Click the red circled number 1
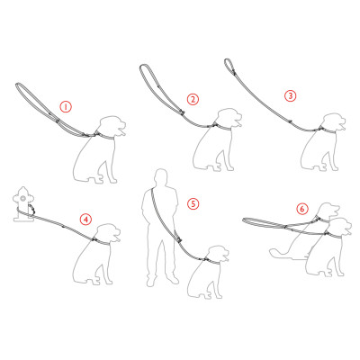tap(66, 107)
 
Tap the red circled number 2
tap(193, 99)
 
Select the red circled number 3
tap(290, 96)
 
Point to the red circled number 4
tap(86, 220)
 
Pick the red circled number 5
tap(193, 204)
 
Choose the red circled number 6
tap(302, 209)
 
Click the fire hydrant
tap(23, 204)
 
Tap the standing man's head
tap(161, 176)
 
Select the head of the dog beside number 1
tap(112, 127)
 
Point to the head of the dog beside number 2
tap(229, 119)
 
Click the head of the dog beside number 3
tap(333, 123)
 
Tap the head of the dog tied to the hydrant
tap(108, 234)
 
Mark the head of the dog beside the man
tap(217, 255)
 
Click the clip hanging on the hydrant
tap(31, 209)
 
